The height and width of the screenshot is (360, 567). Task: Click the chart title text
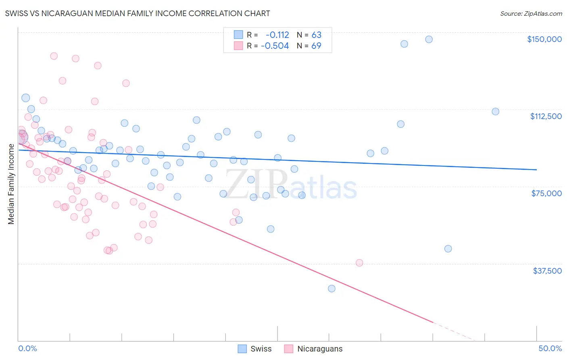coord(138,13)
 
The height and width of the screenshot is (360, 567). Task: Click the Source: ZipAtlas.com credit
coord(531,14)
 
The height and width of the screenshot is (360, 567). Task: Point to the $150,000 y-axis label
coord(544,39)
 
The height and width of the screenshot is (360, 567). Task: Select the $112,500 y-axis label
coord(546,116)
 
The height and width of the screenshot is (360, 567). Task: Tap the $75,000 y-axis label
coord(546,193)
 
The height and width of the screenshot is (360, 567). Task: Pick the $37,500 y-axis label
coord(547,271)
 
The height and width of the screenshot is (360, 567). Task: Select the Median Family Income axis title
coord(11,184)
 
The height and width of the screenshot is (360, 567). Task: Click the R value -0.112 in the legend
coord(277,35)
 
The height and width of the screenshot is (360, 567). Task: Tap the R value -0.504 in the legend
coord(275,46)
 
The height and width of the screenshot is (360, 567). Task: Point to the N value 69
coord(316,46)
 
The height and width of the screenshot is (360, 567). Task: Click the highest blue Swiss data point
coord(429,39)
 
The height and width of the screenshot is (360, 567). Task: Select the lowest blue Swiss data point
coord(331,289)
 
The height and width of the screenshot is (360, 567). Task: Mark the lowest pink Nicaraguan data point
coord(359,263)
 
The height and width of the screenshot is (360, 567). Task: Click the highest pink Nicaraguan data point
coord(54,56)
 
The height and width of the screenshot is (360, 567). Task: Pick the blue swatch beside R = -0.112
coord(238,35)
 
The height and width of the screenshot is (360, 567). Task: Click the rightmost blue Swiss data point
coord(495,111)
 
